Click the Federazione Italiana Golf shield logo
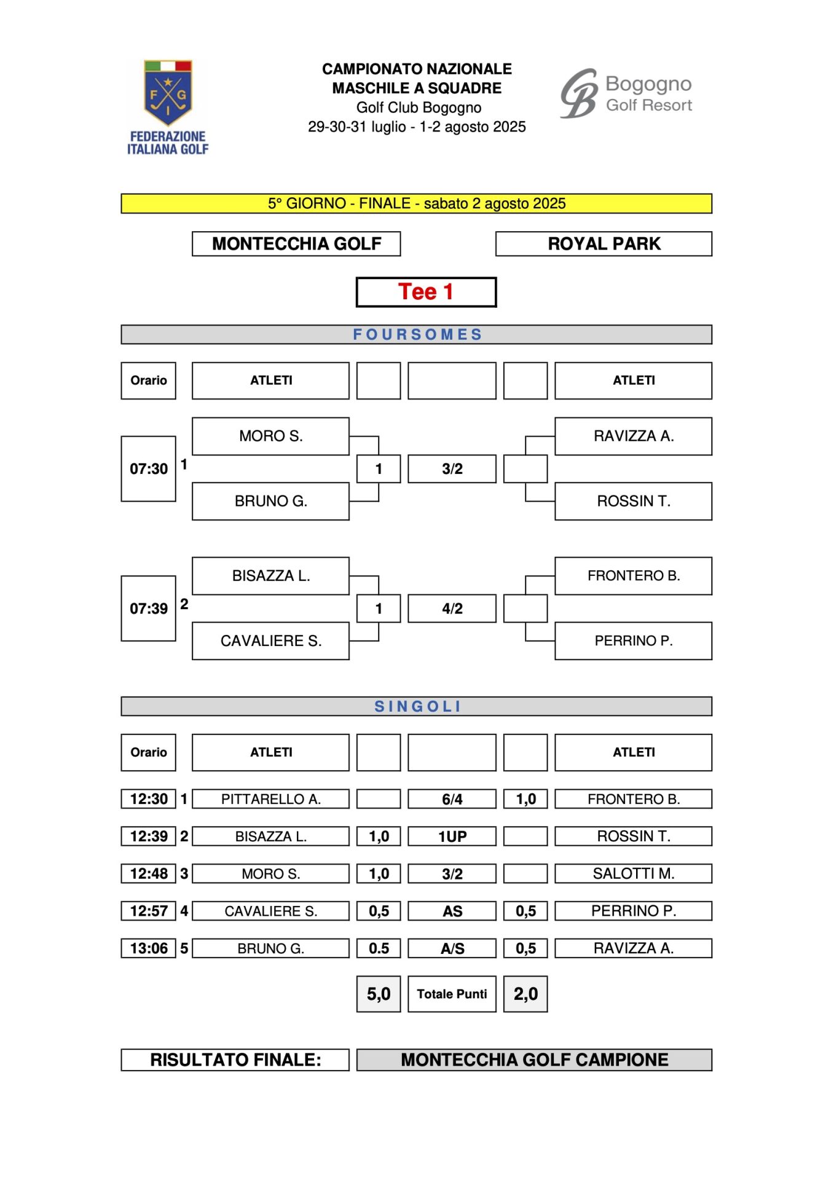(168, 107)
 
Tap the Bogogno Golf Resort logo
(626, 93)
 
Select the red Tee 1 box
(426, 292)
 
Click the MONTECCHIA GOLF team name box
(296, 244)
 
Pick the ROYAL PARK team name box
(604, 244)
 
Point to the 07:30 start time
(149, 469)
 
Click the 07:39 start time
(149, 608)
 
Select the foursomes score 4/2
(452, 608)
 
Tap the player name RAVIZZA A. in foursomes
(634, 436)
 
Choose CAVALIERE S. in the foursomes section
(271, 641)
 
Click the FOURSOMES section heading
(417, 334)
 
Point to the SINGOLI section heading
(417, 707)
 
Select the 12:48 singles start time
(149, 874)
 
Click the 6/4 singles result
(452, 799)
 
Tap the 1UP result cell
(452, 836)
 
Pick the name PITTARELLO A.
(271, 799)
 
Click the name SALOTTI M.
(634, 874)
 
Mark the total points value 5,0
(379, 994)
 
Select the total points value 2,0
(525, 994)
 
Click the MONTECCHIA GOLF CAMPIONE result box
(535, 1060)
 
